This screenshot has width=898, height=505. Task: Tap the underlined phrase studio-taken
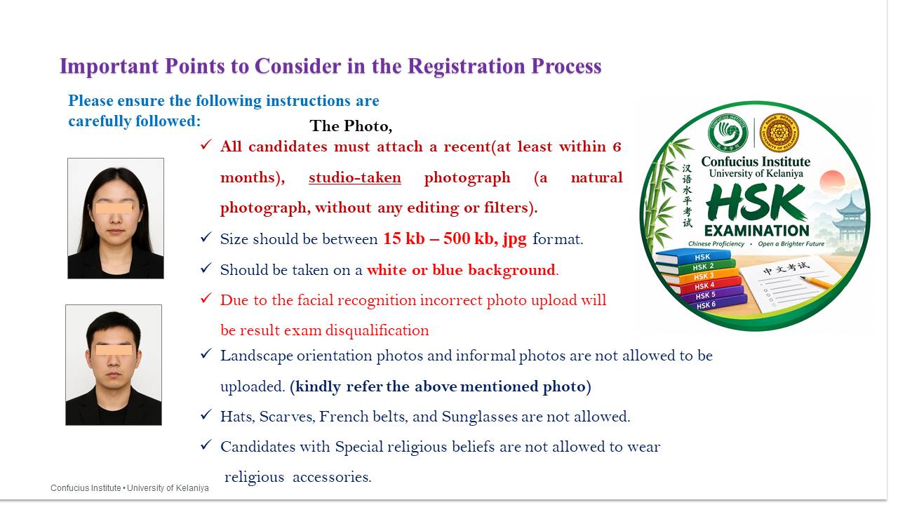tap(355, 177)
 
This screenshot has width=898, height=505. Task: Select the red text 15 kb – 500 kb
tap(438, 239)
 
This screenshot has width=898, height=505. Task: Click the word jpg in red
tap(515, 240)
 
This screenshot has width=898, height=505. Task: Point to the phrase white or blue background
tap(461, 270)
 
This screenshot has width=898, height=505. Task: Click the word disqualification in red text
tap(377, 330)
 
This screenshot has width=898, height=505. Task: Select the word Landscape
tap(257, 356)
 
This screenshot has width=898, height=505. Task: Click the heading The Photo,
tap(351, 126)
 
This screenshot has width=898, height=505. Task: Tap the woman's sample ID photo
tap(116, 218)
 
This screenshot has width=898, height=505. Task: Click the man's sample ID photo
tap(114, 365)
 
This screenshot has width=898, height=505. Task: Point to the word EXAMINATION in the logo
tap(757, 231)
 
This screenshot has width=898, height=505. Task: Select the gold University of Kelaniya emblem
tap(779, 133)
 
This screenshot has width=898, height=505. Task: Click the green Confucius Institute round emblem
tap(728, 133)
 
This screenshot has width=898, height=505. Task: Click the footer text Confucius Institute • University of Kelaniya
tap(130, 488)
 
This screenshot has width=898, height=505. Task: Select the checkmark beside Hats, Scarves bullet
tap(206, 415)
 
